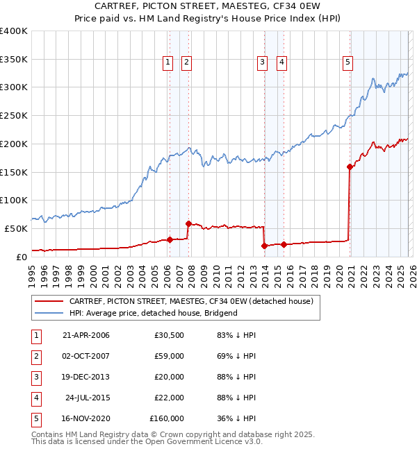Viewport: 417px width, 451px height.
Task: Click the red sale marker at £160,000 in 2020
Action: point(350,167)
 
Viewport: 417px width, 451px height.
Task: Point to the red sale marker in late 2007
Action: point(188,223)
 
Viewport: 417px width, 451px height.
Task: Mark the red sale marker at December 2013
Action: point(265,246)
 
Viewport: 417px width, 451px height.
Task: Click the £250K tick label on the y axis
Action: point(14,115)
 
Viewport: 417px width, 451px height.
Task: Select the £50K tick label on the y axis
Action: point(16,228)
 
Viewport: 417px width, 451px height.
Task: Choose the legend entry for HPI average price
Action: point(153,313)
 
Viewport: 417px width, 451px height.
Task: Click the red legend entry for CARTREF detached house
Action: point(191,301)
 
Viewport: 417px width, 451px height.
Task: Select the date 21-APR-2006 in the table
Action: point(85,335)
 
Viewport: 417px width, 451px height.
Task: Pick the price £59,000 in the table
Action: point(169,356)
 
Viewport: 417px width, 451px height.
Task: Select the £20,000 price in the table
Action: point(169,377)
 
